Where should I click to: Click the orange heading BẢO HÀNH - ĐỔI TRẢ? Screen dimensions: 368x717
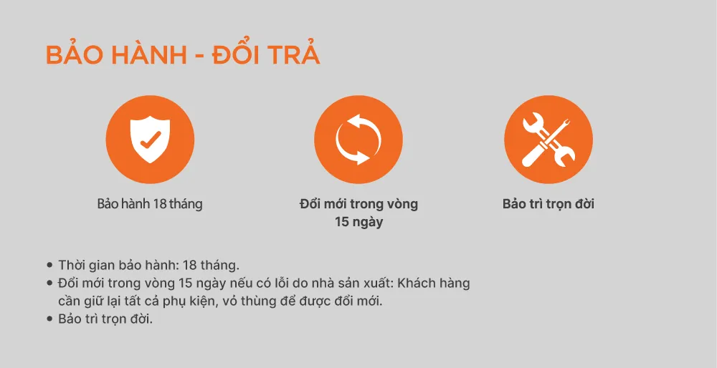[183, 57]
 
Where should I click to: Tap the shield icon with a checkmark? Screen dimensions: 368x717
[150, 139]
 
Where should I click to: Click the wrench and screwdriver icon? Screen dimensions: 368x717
[549, 139]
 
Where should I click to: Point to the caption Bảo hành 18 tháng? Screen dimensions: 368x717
[150, 204]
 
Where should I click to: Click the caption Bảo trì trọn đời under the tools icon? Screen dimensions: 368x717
[549, 204]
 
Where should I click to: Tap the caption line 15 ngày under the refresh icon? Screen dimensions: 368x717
[358, 222]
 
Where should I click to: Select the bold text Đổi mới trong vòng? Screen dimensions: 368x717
[358, 204]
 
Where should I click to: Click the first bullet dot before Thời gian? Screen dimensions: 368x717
[49, 265]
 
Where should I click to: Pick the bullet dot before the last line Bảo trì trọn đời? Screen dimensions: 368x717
[49, 319]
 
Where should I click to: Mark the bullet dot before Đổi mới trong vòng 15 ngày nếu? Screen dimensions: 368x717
[49, 284]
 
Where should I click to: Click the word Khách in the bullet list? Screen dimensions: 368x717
[417, 283]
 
